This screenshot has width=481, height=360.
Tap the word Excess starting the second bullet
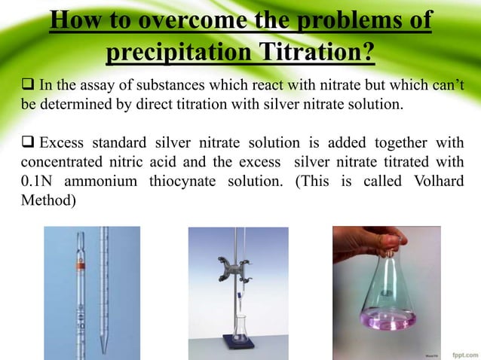[x=62, y=143]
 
